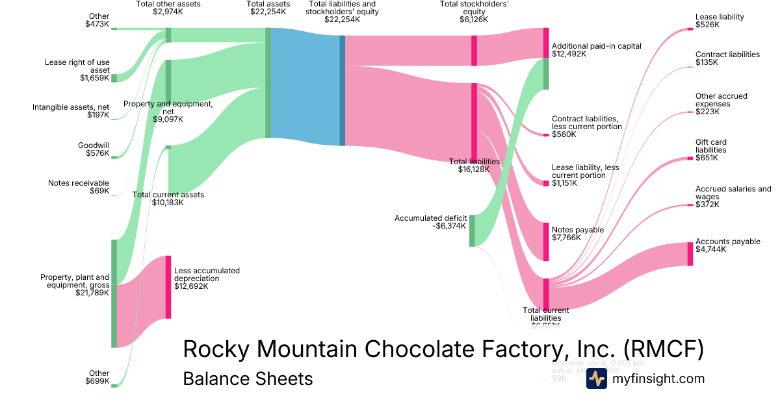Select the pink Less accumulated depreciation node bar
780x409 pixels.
[x=168, y=287]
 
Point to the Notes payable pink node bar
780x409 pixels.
[x=546, y=241]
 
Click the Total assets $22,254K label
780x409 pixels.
[x=267, y=8]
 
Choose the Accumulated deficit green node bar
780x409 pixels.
[x=472, y=230]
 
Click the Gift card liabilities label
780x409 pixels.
[x=711, y=150]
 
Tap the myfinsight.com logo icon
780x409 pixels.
[x=596, y=378]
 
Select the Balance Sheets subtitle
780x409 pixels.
[x=248, y=378]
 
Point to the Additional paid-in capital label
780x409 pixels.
[x=596, y=50]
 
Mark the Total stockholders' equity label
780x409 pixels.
[x=474, y=12]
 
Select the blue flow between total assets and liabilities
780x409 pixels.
[x=305, y=90]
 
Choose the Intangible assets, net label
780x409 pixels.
[x=71, y=111]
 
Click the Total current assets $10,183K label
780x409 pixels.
[x=168, y=198]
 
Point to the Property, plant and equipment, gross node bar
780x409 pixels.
[x=114, y=293]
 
